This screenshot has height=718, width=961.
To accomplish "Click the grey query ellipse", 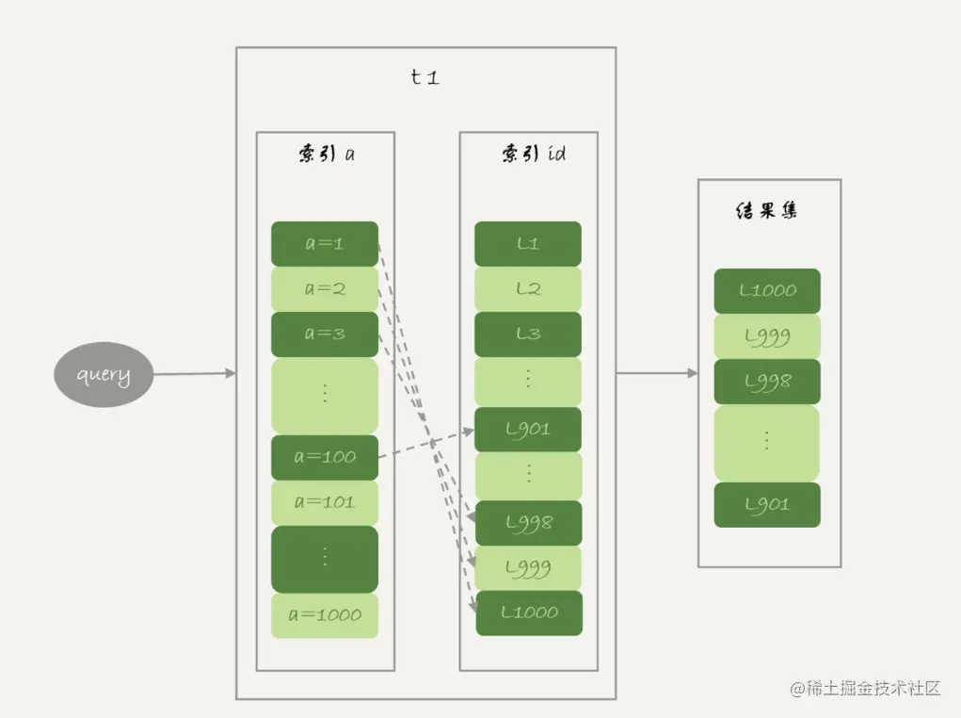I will coord(103,374).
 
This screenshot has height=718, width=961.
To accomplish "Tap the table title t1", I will coord(425,77).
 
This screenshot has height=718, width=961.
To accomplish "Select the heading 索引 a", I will coord(326,154).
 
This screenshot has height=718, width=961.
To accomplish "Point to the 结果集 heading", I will coord(767,210).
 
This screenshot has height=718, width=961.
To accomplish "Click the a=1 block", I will coord(325,243).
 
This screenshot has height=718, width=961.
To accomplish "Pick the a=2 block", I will coord(325,288).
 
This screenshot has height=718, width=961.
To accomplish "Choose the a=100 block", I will coord(325,457).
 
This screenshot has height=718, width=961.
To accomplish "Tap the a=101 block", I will coord(325,502).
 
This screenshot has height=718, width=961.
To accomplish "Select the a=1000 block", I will coord(325,614).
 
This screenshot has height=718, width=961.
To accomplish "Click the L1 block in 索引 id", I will coord(528,243).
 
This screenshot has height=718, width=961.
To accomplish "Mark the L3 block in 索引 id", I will coord(528,334).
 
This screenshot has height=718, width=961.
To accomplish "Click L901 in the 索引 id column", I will coord(528,430).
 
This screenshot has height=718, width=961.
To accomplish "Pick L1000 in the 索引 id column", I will coord(529,612).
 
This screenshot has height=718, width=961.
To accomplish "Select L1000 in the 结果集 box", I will coord(767,290).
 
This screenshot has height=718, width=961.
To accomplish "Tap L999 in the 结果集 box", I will coord(767,335).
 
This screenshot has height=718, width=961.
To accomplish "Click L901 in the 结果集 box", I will coord(767,505).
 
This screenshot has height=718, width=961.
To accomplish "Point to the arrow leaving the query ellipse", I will coord(194,373).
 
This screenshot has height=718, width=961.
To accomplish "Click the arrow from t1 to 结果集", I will coord(657,373).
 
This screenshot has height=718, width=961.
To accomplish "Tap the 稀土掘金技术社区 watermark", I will coord(865,688).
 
